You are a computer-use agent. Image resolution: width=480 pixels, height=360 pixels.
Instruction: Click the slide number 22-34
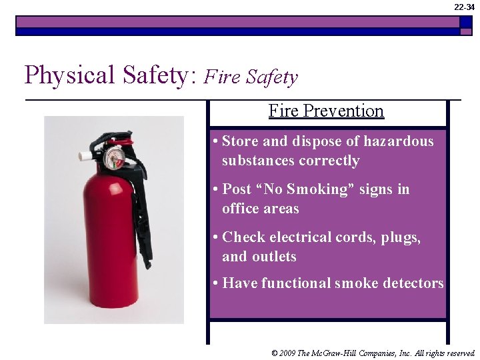pos(465,7)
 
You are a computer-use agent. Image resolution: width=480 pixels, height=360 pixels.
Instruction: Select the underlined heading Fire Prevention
pos(326,111)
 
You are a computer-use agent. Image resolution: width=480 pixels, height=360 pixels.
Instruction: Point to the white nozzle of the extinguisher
pos(85,155)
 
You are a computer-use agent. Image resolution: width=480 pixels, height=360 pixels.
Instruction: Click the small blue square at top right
pos(466,21)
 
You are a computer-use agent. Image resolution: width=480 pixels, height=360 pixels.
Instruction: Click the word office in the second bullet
pos(241,209)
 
